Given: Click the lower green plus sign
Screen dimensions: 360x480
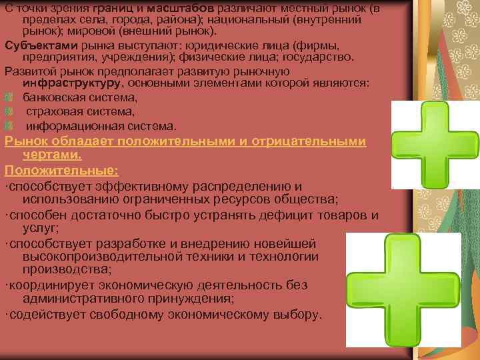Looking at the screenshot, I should tap(399, 289).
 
